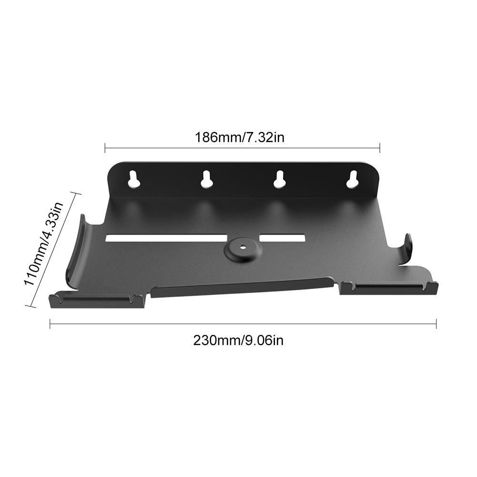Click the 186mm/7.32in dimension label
[240, 138]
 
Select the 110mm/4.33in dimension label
[43, 244]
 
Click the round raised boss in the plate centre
[243, 248]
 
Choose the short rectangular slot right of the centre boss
[282, 237]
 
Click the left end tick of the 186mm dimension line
[105, 148]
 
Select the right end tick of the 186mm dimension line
[380, 148]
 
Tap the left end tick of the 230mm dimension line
[50, 324]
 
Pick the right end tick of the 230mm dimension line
[436, 324]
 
